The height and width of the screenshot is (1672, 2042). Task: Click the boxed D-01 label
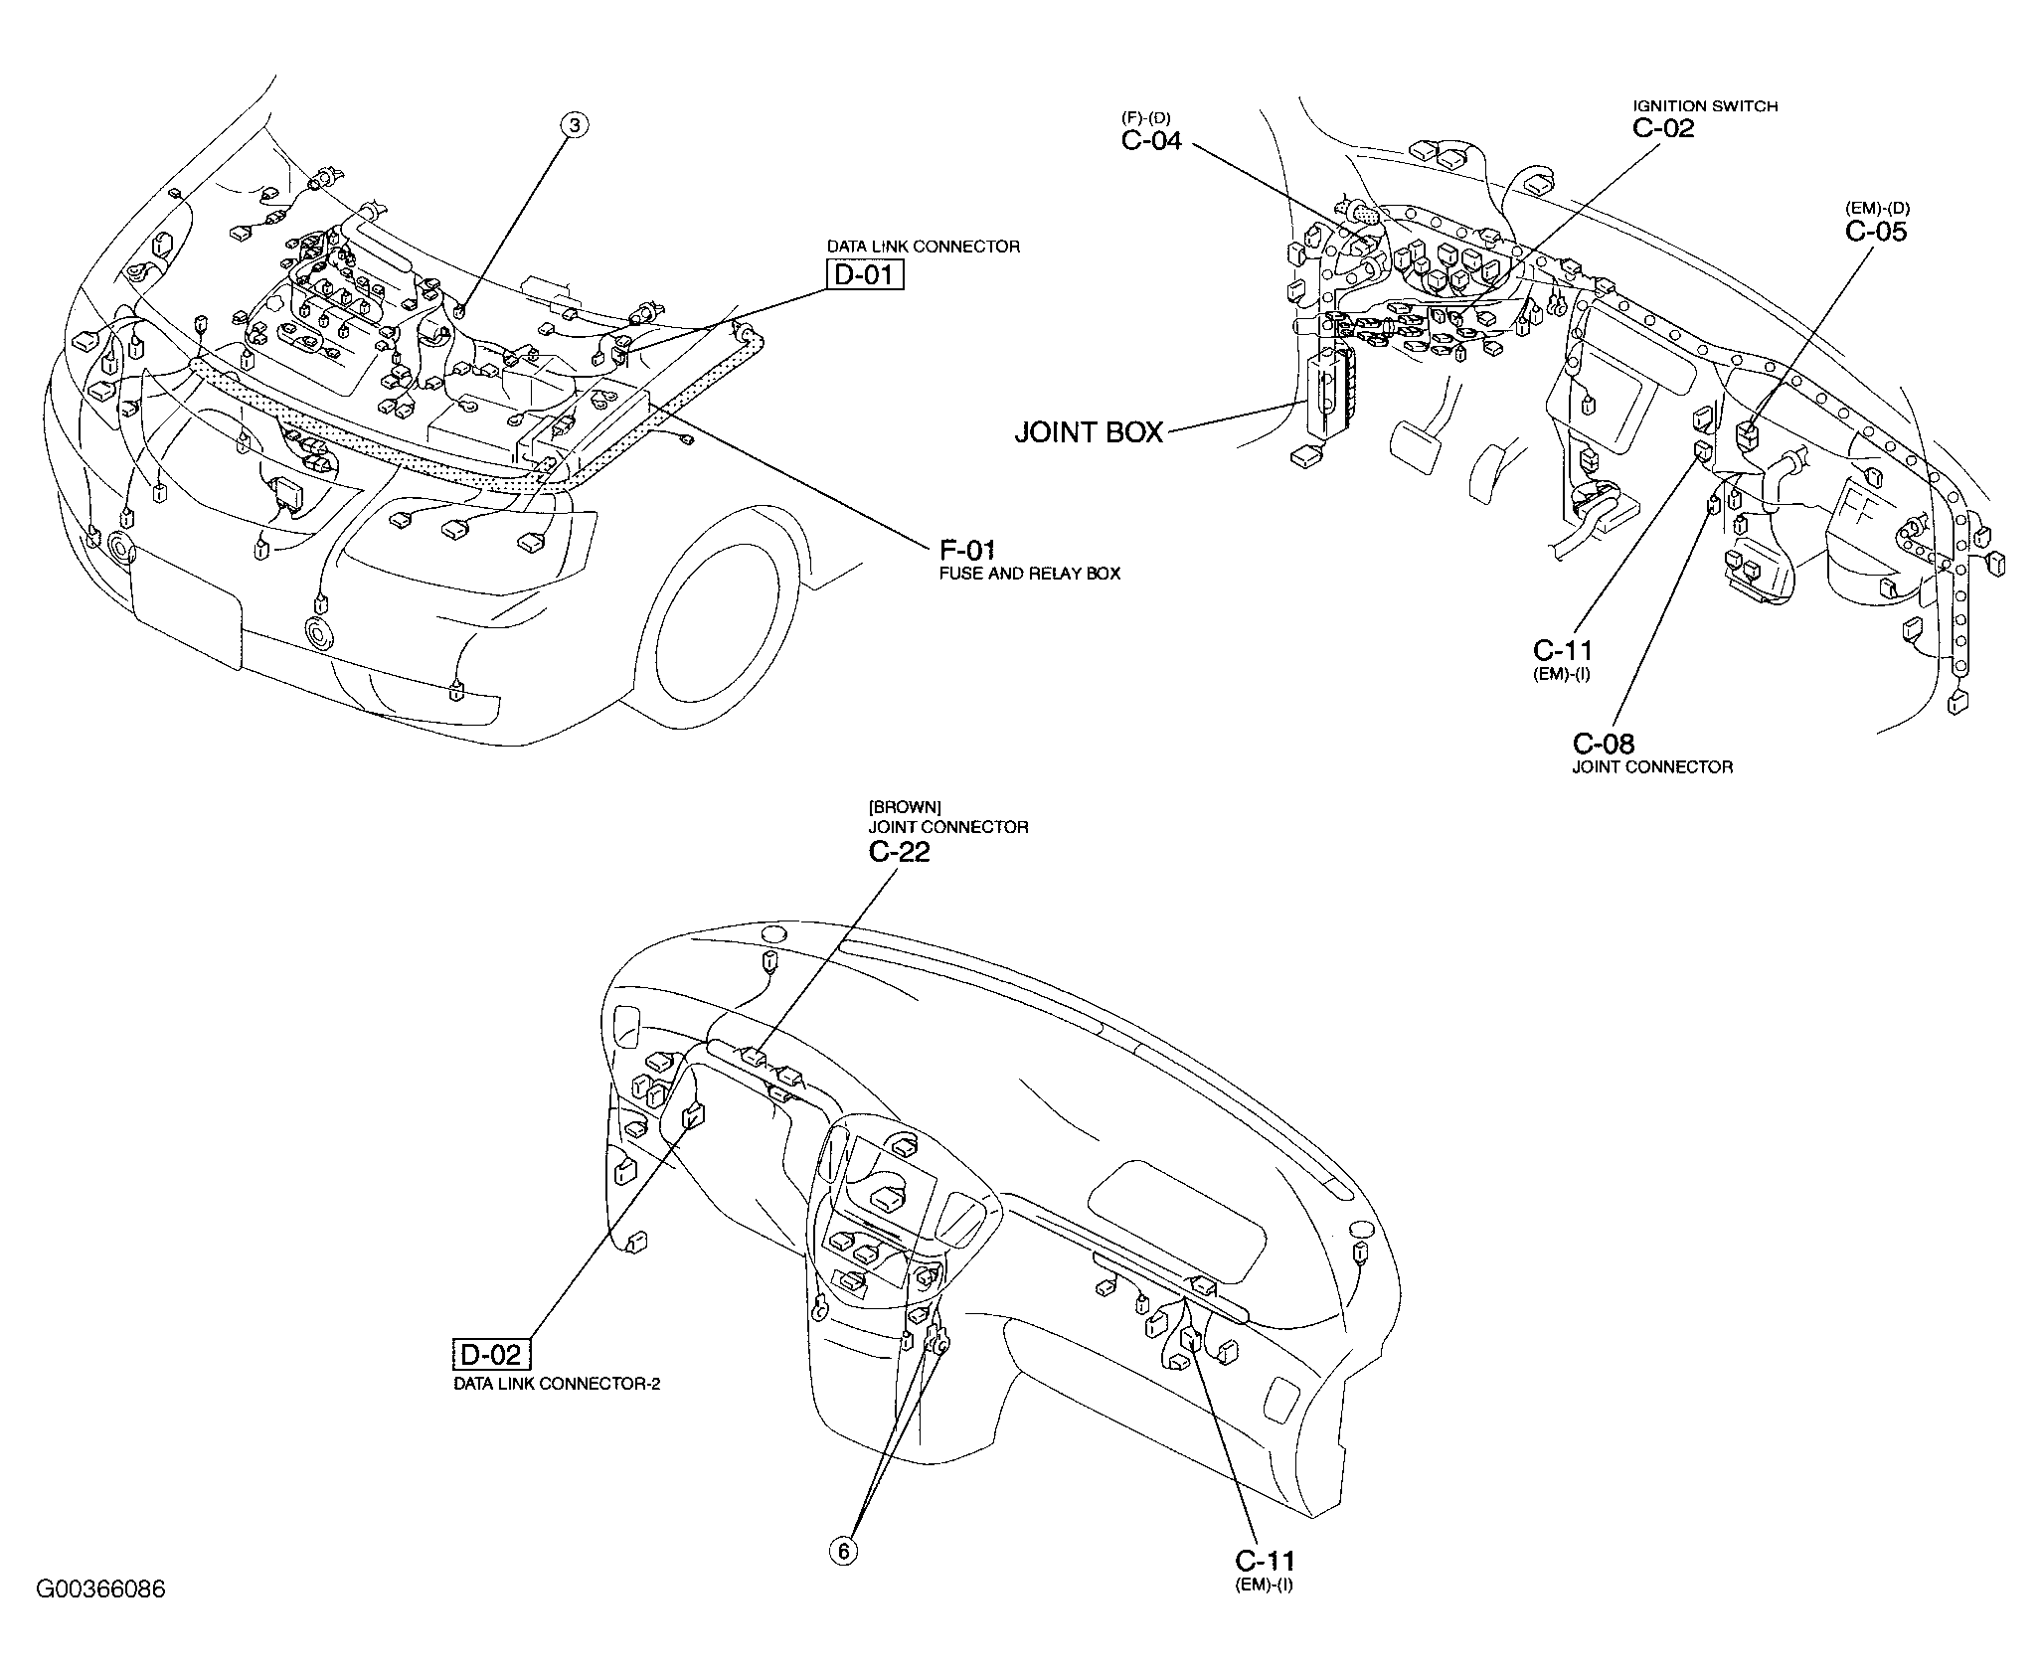865,273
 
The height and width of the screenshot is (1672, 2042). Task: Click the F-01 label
966,550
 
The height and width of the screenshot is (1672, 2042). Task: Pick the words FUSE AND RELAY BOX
1029,574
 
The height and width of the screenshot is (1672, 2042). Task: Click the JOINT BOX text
1089,432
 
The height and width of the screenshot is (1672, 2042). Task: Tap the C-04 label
1151,141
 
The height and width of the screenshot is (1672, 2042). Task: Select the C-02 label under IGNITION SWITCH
1663,127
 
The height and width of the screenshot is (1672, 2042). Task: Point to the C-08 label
1603,744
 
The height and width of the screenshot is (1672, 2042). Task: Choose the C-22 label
899,852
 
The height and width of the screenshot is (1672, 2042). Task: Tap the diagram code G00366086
100,1617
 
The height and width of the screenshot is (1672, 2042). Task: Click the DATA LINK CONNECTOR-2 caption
557,1384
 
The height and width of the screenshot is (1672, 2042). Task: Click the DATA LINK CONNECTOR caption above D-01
924,247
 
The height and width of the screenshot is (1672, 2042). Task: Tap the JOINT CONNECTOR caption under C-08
1652,767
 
